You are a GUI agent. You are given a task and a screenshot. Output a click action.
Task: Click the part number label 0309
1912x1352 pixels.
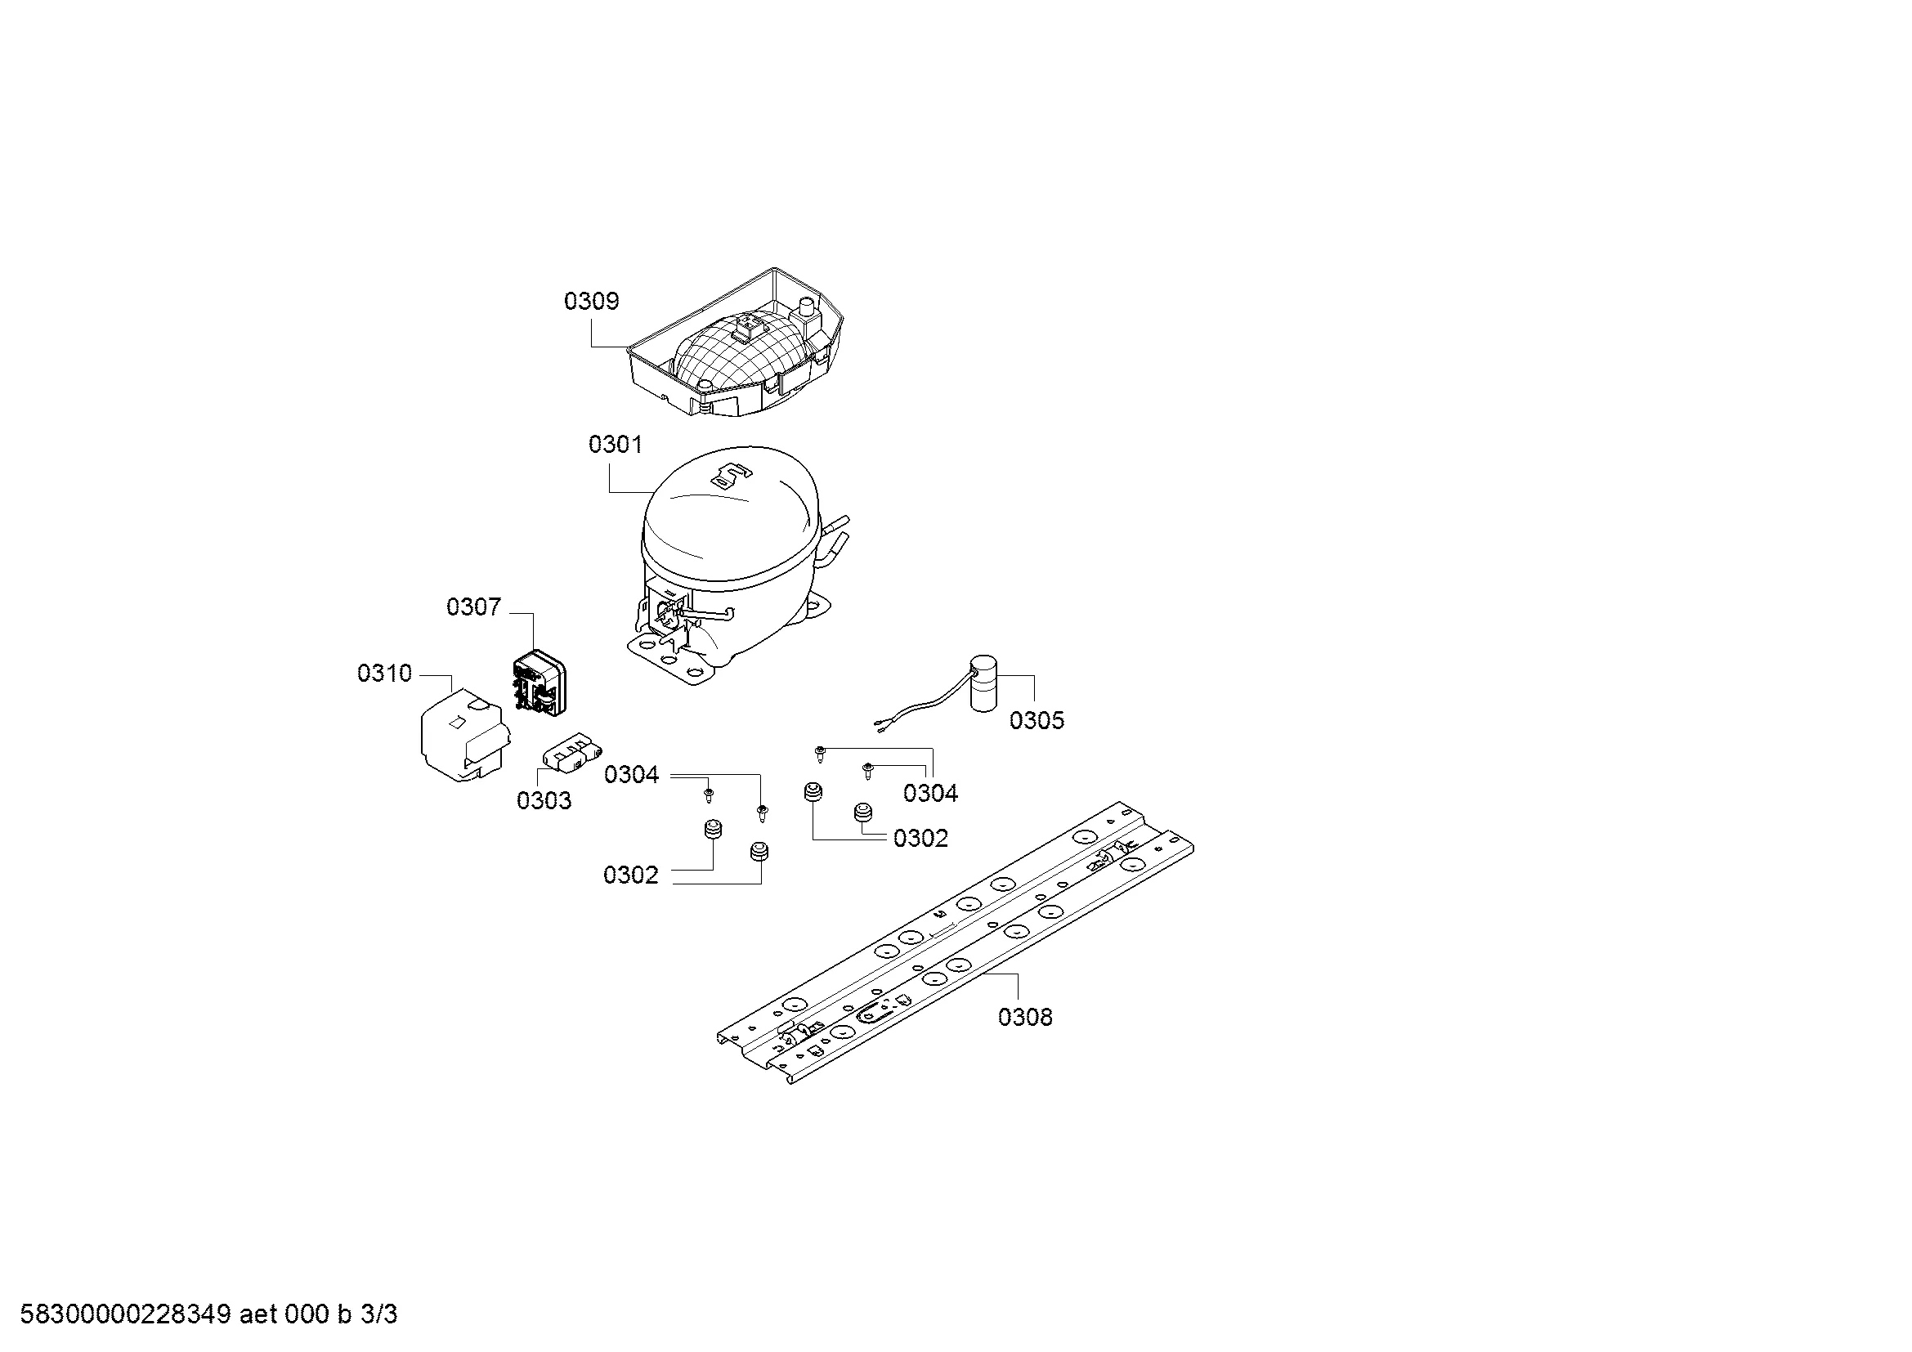(591, 301)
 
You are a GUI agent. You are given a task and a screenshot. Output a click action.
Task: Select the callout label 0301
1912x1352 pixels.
(616, 445)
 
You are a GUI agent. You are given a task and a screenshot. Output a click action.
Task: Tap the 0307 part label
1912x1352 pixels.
(474, 607)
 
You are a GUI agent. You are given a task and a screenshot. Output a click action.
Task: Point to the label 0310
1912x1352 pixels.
(385, 673)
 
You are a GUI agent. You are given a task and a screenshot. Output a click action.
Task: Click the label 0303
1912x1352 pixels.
(544, 800)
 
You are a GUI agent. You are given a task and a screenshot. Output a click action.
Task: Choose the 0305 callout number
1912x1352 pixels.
(1037, 720)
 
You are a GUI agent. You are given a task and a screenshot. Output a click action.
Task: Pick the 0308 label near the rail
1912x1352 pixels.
(1025, 1017)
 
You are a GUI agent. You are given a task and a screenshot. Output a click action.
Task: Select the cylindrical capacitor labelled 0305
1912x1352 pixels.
(983, 685)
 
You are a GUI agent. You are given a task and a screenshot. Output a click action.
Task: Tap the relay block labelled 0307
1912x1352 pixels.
(537, 683)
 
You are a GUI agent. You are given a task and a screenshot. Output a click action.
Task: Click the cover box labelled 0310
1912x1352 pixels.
(462, 734)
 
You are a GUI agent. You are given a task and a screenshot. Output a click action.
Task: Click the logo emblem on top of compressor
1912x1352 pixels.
(730, 477)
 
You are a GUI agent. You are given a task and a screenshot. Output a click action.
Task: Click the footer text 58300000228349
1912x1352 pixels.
(125, 1314)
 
